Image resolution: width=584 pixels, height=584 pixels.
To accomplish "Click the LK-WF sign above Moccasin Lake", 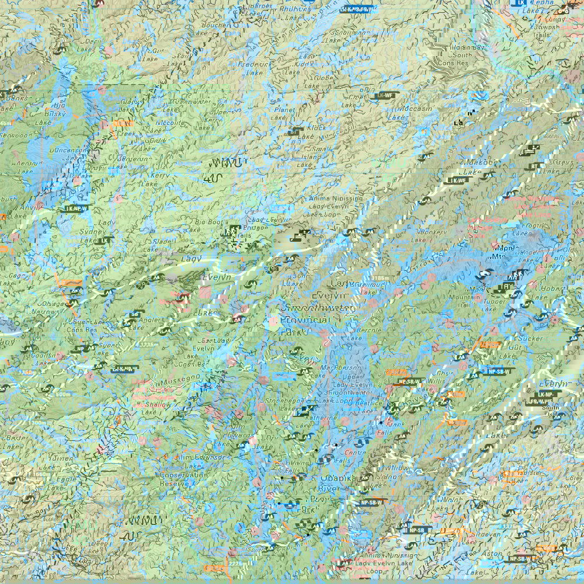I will [x=384, y=95].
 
